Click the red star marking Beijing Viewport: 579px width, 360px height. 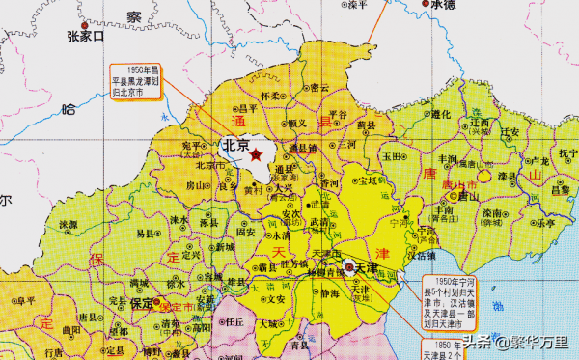click(x=257, y=153)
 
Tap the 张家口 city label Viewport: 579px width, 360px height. click(x=86, y=37)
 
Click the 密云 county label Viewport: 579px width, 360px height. click(x=320, y=88)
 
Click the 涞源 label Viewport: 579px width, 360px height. click(x=68, y=224)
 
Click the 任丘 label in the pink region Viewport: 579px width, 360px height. click(x=234, y=322)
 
